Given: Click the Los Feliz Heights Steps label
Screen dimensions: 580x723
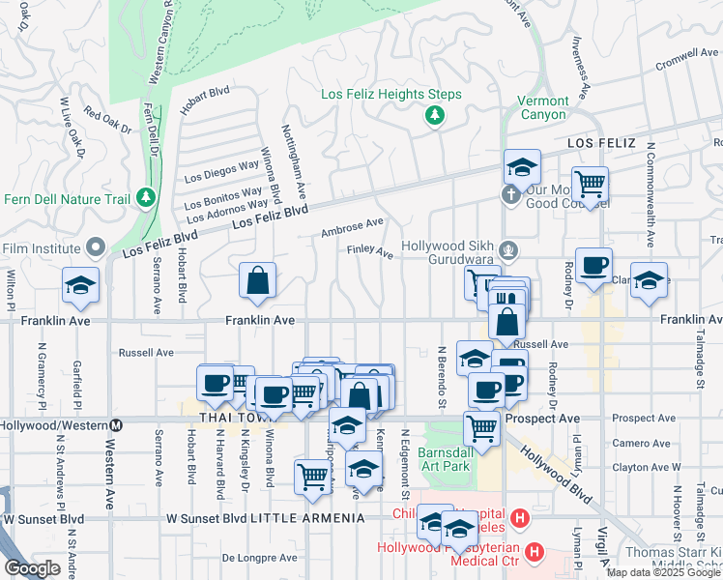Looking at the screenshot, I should pos(390,95).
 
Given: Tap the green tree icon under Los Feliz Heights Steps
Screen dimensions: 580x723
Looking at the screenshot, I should pos(434,116).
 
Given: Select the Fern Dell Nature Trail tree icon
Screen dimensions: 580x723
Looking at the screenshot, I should pos(146,197).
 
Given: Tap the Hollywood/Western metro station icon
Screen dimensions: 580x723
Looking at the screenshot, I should pos(117,424).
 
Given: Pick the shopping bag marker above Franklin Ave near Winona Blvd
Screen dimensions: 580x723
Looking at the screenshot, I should pos(258,281).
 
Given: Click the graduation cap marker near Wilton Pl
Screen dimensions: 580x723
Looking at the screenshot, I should pos(81,285).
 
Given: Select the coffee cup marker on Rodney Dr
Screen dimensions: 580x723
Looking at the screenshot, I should pos(593,264).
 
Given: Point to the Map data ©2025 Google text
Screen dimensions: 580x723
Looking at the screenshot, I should pos(663,572).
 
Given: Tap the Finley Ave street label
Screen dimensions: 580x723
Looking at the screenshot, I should pos(370,253).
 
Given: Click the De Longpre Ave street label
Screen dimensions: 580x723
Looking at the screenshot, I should pos(259,558).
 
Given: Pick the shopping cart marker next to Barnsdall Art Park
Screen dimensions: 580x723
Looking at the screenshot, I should pos(481,426).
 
